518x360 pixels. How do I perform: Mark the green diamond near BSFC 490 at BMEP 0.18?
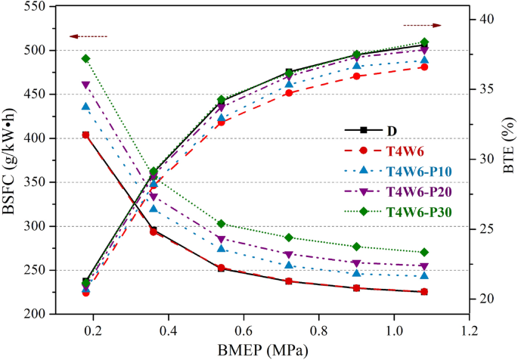85,58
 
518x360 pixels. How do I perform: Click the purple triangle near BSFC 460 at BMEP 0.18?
85,85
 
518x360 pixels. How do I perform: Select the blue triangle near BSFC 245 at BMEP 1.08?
424,275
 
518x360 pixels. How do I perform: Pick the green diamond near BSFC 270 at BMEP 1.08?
424,253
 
